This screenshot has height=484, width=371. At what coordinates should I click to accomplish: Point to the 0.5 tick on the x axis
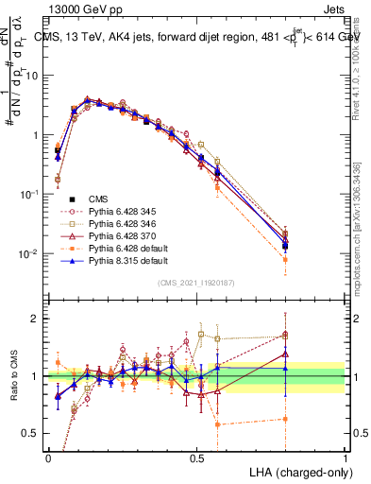(x=196, y=458)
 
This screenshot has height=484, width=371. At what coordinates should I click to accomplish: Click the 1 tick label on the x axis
(x=346, y=458)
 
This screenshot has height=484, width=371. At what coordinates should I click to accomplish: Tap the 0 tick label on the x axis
(x=48, y=458)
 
